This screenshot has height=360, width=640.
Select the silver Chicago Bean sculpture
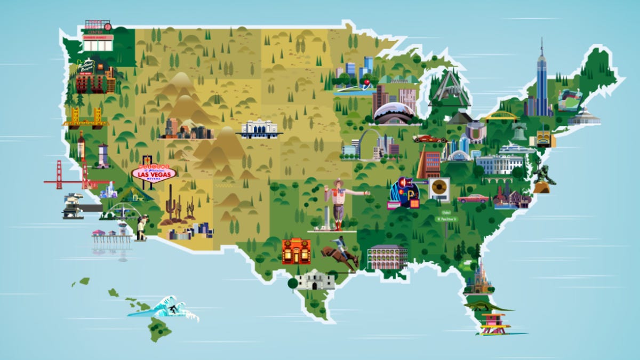tap(394, 113)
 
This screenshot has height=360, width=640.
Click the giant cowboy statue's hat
tap(338, 183)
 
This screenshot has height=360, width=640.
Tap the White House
tap(499, 164)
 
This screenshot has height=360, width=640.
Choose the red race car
tap(429, 139)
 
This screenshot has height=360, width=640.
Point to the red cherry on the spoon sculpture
tap(367, 82)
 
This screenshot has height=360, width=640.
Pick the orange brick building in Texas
tap(296, 251)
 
